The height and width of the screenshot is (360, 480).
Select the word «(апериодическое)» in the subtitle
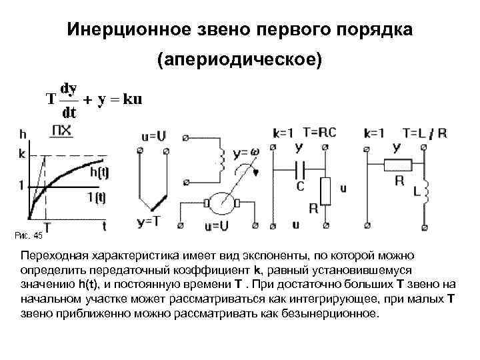[239, 60]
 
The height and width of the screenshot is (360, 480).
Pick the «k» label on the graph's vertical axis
[23, 153]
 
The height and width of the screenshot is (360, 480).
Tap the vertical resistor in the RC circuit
[325, 191]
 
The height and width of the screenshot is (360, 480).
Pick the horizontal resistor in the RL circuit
[400, 163]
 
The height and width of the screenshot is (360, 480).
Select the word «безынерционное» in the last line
[335, 313]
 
